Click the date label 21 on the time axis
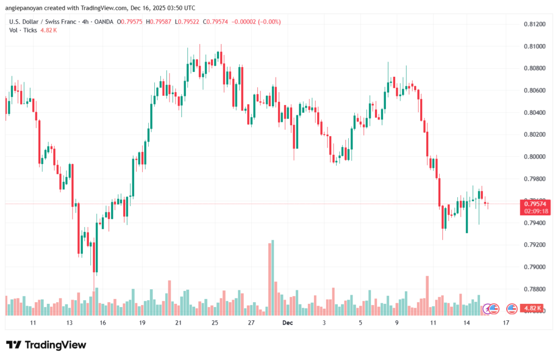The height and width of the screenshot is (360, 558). (178, 323)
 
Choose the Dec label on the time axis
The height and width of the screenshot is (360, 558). (288, 323)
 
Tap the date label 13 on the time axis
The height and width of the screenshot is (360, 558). (69, 323)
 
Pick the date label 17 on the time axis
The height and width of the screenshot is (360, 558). (506, 323)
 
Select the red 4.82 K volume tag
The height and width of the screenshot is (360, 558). (531, 309)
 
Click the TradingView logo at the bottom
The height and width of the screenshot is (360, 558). (46, 345)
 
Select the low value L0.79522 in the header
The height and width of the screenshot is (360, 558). (189, 22)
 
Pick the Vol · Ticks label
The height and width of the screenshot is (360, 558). (23, 30)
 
